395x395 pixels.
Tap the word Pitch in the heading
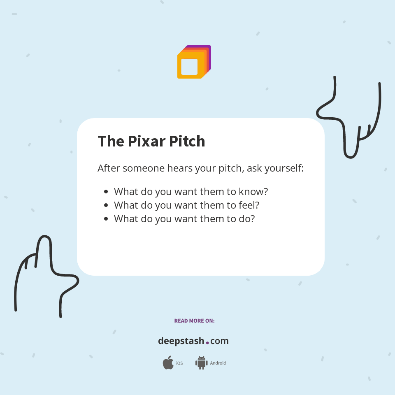coord(187,142)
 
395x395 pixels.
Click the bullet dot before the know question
coord(106,192)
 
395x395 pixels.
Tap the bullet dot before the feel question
coord(106,205)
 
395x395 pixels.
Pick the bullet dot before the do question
coord(106,218)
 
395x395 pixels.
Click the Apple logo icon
coord(168,363)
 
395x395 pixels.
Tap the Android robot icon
coord(201,363)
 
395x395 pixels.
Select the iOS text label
coord(179,363)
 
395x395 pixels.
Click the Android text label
coord(218,363)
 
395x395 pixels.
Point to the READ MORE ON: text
coord(194,321)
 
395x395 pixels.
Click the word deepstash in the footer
coord(181,341)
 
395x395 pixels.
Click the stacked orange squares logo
coord(194,62)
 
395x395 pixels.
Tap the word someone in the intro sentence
coord(143,168)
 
